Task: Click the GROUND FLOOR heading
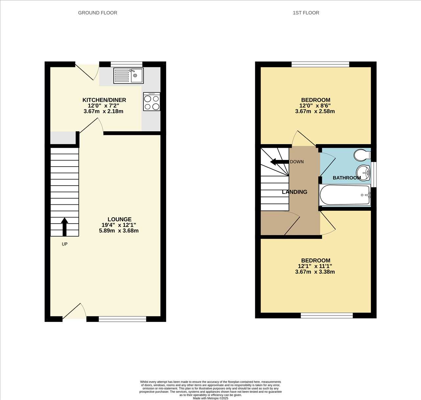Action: point(97,13)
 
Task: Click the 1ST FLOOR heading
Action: point(306,13)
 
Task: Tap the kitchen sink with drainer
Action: point(129,76)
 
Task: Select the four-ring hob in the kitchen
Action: point(152,102)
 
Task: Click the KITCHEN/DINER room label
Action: point(104,100)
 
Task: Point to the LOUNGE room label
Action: point(119,219)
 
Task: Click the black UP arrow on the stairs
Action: point(64,227)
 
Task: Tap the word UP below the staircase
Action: point(64,244)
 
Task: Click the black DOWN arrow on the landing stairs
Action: point(279,162)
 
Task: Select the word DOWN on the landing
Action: point(297,162)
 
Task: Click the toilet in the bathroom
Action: point(362,155)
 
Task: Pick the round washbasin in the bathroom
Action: point(363,173)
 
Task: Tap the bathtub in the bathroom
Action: point(345,195)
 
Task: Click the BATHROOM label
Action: point(347,178)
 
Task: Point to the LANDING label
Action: point(294,192)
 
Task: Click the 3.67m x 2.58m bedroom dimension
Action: point(315,112)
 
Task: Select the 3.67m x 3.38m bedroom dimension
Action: point(315,272)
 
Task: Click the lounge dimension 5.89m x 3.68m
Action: point(119,231)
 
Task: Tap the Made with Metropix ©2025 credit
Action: point(210,398)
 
